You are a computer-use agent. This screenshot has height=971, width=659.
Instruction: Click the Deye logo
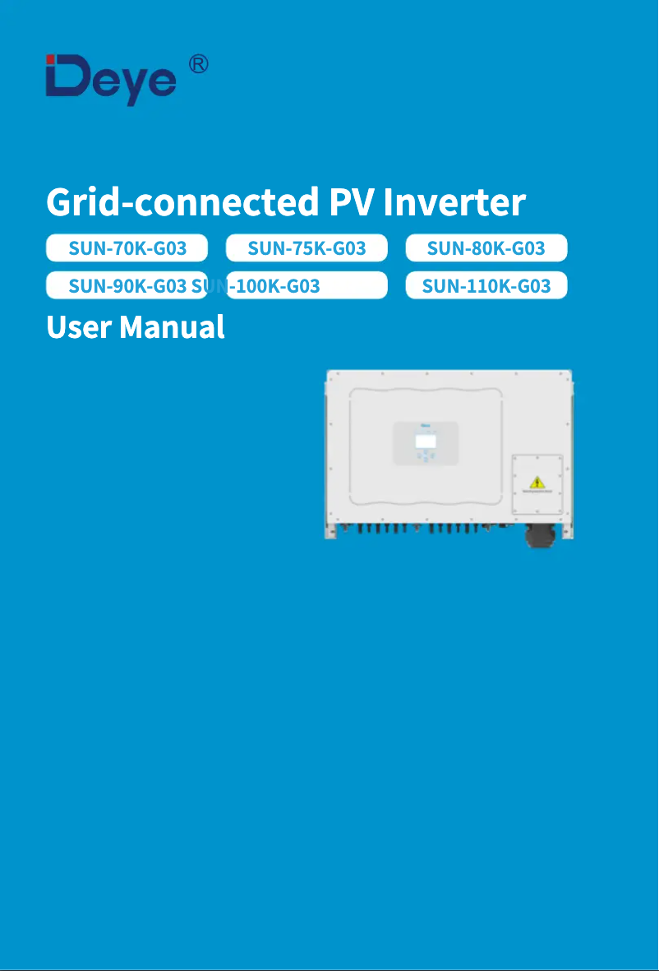coord(111,80)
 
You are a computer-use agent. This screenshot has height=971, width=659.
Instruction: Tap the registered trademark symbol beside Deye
coord(198,64)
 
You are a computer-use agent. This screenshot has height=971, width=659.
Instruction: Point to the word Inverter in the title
coord(454,201)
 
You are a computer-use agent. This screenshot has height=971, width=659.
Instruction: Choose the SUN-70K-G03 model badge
coord(127,247)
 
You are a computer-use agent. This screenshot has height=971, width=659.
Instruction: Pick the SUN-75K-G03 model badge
coord(306,247)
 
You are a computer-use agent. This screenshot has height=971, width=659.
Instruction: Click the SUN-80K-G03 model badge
coord(486,247)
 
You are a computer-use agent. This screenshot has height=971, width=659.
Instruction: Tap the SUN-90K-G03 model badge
coord(127,286)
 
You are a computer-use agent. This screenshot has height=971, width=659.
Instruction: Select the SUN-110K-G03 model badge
coord(486,286)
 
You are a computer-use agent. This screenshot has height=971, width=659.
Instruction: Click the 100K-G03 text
coord(278,286)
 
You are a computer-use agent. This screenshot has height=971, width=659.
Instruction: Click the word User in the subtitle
coord(79,327)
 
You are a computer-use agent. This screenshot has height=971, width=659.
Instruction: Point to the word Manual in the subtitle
coord(172,327)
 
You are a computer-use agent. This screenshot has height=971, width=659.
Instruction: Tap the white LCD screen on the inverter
coord(426,442)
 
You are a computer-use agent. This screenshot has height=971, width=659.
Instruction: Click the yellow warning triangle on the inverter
coord(537,482)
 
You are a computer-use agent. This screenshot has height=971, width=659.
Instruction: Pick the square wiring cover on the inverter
coord(537,484)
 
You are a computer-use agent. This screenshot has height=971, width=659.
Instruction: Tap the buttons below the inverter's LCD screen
coord(426,456)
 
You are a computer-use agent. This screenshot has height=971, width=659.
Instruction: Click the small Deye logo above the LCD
coord(426,427)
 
